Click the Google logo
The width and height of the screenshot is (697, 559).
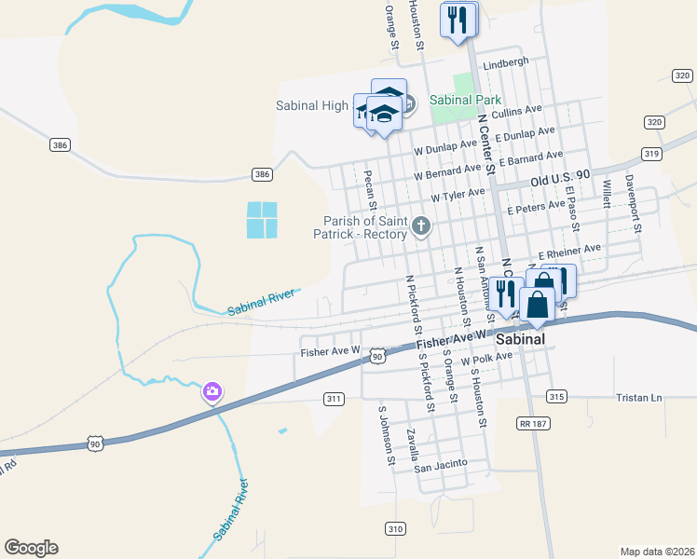click(x=31, y=548)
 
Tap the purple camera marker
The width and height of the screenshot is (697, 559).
click(x=212, y=391)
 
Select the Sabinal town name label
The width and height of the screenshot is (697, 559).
click(x=520, y=340)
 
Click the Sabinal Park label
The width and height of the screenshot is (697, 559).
click(x=466, y=100)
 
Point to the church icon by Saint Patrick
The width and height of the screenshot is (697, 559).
click(x=422, y=225)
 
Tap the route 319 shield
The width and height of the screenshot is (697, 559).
click(x=651, y=154)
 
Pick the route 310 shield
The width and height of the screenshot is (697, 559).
click(x=395, y=528)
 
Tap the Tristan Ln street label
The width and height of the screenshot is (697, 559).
click(x=638, y=398)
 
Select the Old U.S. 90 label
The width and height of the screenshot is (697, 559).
click(x=561, y=175)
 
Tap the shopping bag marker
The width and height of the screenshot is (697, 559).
click(x=539, y=305)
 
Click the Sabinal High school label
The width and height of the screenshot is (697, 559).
click(x=312, y=105)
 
